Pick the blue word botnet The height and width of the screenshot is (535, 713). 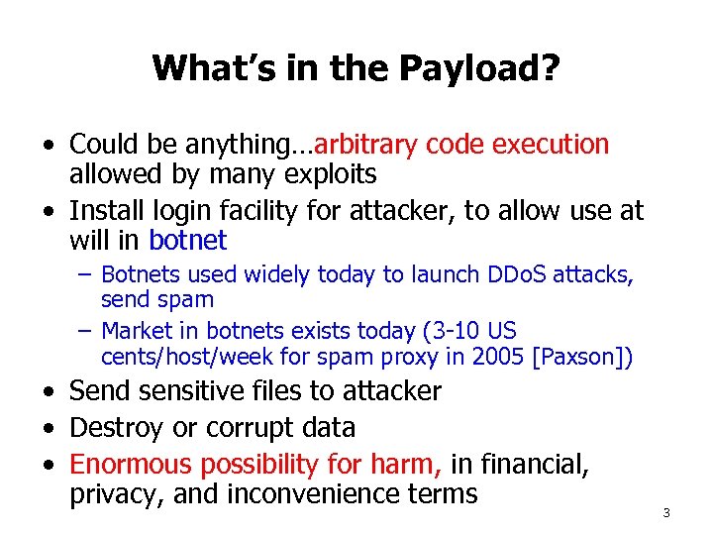(x=187, y=241)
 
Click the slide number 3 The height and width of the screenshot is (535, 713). (x=666, y=513)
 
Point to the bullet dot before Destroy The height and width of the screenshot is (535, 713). (x=48, y=428)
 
